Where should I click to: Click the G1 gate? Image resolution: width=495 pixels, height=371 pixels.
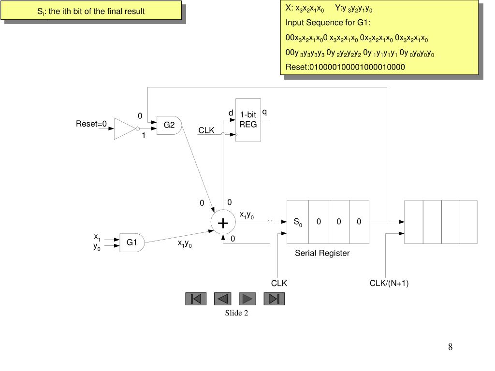[x=132, y=243]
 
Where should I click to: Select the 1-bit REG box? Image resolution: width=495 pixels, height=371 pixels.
[x=248, y=120]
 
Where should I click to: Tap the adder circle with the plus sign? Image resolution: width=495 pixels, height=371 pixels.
[x=223, y=223]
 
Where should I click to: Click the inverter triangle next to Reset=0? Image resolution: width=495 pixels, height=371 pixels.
[x=125, y=128]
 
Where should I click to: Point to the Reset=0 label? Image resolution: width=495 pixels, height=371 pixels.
[x=91, y=124]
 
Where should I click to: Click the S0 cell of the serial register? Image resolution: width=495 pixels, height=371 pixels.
[x=298, y=222]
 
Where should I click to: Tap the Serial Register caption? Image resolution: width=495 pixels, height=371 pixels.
[x=322, y=253]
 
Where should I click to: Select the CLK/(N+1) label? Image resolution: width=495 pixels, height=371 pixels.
[x=389, y=283]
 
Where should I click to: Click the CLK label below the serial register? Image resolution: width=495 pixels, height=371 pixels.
[x=279, y=283]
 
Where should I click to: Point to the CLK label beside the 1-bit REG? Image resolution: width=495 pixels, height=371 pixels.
[x=206, y=131]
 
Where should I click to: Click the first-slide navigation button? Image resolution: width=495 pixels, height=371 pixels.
[x=196, y=299]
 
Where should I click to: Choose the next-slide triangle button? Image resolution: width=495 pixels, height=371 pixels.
[x=247, y=299]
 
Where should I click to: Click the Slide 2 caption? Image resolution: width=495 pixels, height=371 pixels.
[x=236, y=313]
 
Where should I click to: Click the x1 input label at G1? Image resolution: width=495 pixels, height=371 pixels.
[x=97, y=237]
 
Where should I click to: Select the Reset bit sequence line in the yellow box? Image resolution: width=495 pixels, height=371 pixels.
[x=345, y=67]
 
